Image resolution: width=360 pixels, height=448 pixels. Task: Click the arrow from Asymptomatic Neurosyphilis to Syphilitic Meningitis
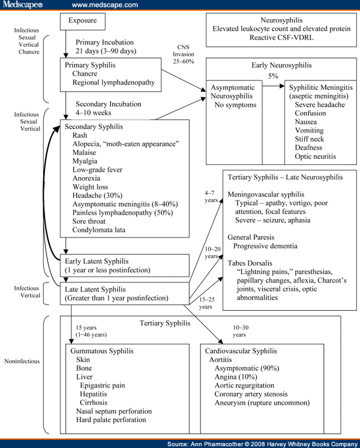point(273,86)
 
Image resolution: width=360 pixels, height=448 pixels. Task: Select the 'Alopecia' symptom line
point(127,144)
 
